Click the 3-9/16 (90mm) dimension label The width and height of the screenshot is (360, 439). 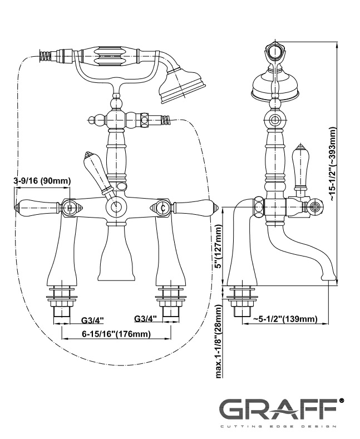42,180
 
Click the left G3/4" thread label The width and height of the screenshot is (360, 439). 92,320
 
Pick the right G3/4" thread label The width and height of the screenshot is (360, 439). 146,319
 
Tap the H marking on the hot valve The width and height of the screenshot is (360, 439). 70,208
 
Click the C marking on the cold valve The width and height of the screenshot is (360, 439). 162,208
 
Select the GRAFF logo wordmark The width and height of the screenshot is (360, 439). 276,410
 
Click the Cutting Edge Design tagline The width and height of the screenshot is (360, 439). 276,427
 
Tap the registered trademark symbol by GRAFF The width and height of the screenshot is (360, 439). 341,400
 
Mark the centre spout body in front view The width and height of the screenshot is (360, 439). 116,253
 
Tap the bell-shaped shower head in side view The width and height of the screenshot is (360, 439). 274,86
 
